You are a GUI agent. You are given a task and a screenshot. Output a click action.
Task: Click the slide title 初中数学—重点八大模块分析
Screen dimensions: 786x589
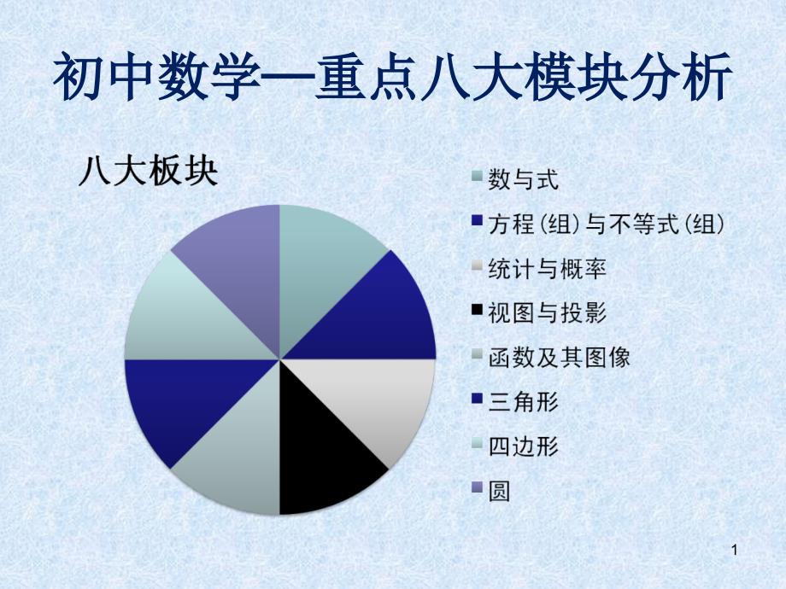coord(392,79)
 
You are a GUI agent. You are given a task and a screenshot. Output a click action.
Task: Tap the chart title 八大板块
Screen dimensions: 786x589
coord(149,172)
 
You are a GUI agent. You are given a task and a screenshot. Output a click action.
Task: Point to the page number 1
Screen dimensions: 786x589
coord(735,550)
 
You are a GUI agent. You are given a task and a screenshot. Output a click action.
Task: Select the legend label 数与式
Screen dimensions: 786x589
coord(524,179)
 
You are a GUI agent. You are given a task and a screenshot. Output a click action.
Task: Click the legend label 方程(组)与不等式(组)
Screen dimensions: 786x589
coord(607,224)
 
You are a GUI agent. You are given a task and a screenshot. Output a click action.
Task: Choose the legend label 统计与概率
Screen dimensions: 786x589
coord(548,268)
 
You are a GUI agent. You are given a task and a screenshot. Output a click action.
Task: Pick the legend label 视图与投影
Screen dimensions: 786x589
coord(548,312)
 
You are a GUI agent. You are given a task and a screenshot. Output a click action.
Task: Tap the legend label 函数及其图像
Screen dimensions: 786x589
coord(560,357)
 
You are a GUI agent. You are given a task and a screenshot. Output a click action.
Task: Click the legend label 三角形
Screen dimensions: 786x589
coord(524,402)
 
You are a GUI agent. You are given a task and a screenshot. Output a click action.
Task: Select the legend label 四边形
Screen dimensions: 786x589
coord(524,446)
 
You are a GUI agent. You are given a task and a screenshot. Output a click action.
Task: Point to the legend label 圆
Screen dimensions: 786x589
coord(499,491)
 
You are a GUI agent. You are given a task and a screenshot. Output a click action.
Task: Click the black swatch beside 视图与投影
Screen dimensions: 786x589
coord(478,310)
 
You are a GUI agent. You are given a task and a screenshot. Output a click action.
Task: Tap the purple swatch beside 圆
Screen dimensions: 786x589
coord(478,487)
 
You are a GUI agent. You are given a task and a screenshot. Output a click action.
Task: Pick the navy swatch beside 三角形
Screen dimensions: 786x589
coord(478,398)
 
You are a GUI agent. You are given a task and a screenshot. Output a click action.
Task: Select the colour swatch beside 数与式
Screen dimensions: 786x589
coord(478,176)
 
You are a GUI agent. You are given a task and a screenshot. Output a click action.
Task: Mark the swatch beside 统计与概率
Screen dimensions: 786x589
coord(478,265)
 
